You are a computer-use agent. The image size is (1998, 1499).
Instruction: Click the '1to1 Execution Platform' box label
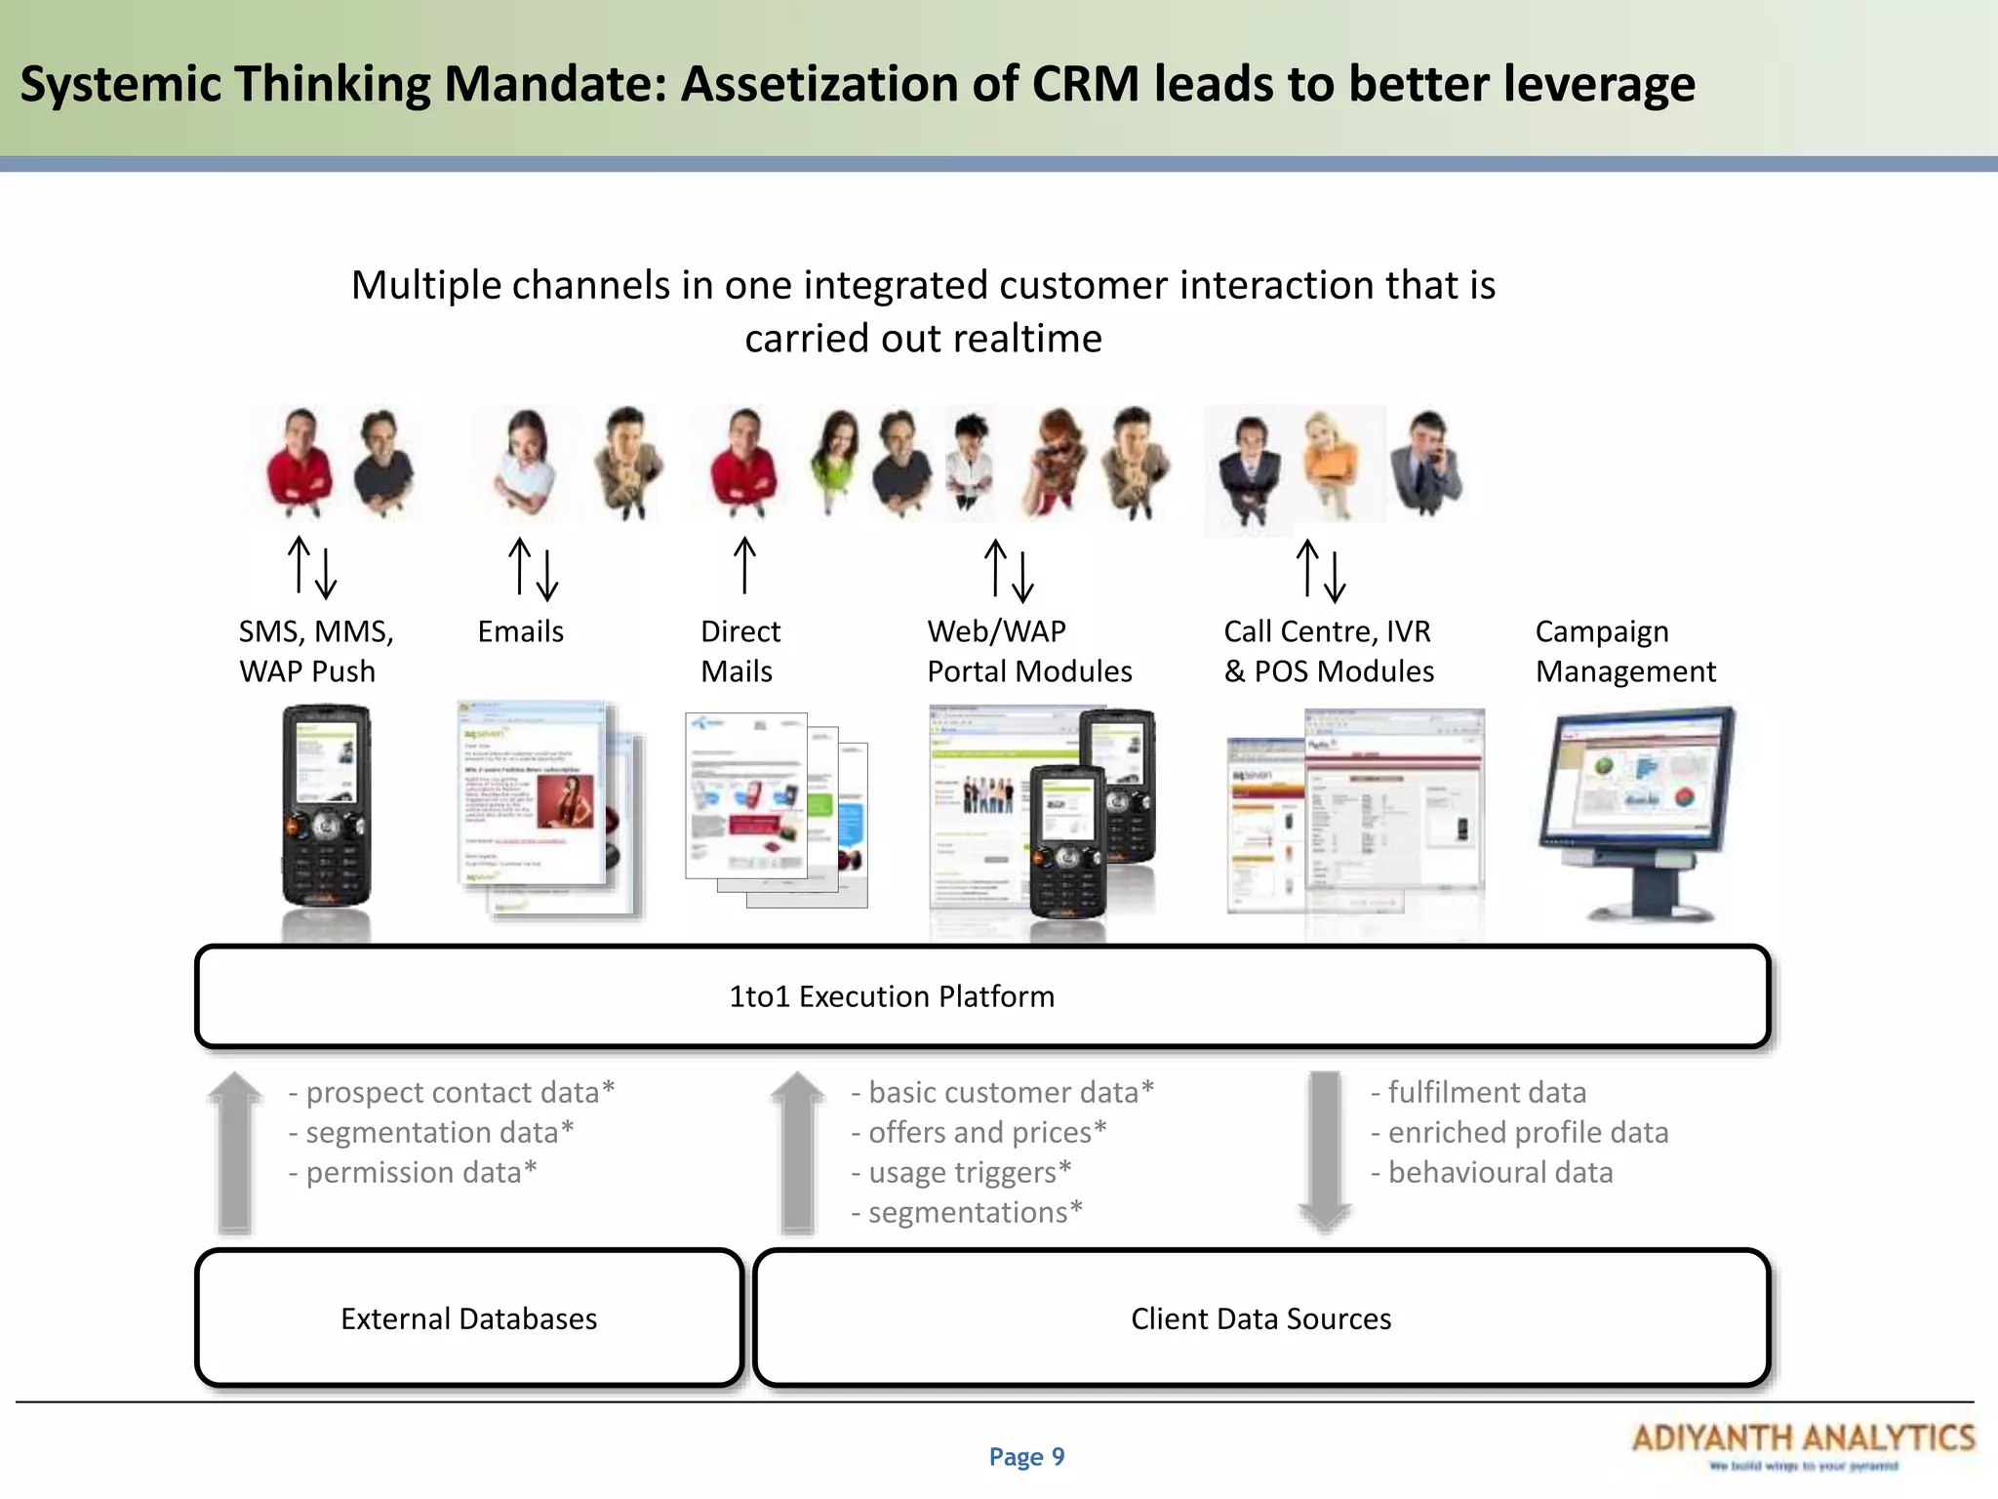892,996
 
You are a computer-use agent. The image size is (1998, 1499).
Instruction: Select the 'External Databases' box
468,1318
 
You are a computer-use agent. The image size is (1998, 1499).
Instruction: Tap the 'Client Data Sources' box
1260,1318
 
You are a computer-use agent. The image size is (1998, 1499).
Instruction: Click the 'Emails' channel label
520,631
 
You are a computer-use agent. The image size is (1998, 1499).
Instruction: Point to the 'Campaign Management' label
1624,651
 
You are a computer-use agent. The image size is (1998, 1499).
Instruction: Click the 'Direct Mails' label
739,651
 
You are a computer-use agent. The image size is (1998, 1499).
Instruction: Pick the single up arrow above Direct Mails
744,565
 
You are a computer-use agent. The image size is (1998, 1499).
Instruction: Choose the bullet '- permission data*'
412,1172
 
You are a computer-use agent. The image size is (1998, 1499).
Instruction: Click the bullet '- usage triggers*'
961,1172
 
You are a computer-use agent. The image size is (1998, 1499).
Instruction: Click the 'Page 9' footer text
1026,1457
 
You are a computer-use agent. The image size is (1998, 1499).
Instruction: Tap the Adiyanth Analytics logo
1803,1443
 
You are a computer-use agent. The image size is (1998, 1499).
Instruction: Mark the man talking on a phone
1426,465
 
